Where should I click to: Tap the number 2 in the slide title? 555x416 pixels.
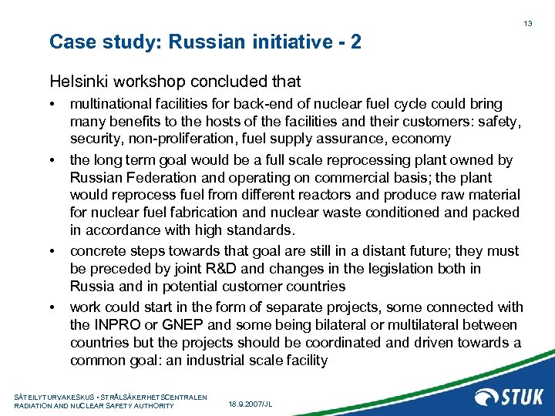355,42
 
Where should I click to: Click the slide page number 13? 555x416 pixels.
528,24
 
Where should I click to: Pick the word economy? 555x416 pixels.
422,139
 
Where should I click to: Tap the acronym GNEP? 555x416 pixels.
173,324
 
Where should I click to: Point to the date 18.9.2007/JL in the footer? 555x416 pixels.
251,404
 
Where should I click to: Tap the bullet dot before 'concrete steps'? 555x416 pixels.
52,251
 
